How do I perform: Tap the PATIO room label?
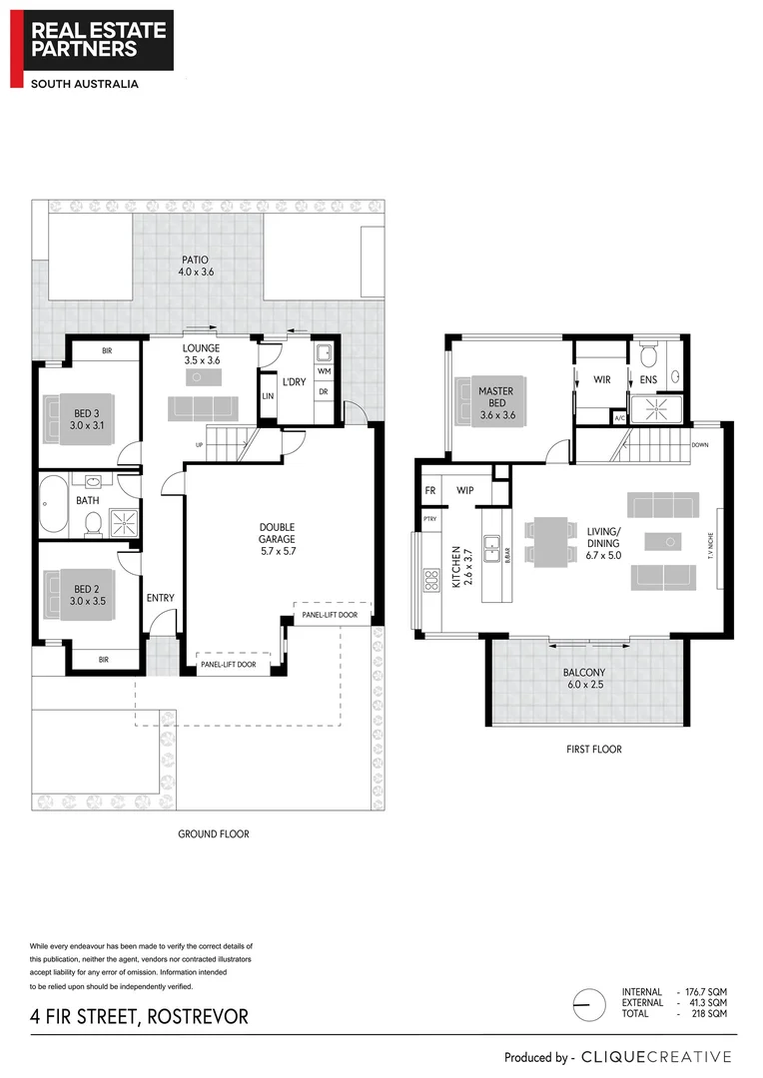(195, 266)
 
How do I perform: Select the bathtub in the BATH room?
(54, 505)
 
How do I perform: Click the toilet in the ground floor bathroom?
(92, 522)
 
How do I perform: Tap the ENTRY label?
(161, 598)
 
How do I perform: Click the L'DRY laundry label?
(293, 382)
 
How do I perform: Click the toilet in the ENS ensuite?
(647, 355)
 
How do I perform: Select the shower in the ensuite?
(657, 408)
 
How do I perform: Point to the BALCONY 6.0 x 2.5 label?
(585, 679)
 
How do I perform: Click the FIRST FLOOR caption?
(593, 749)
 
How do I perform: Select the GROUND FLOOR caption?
(213, 833)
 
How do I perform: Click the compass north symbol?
(589, 1002)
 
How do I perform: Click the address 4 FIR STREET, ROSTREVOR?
(139, 1017)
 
